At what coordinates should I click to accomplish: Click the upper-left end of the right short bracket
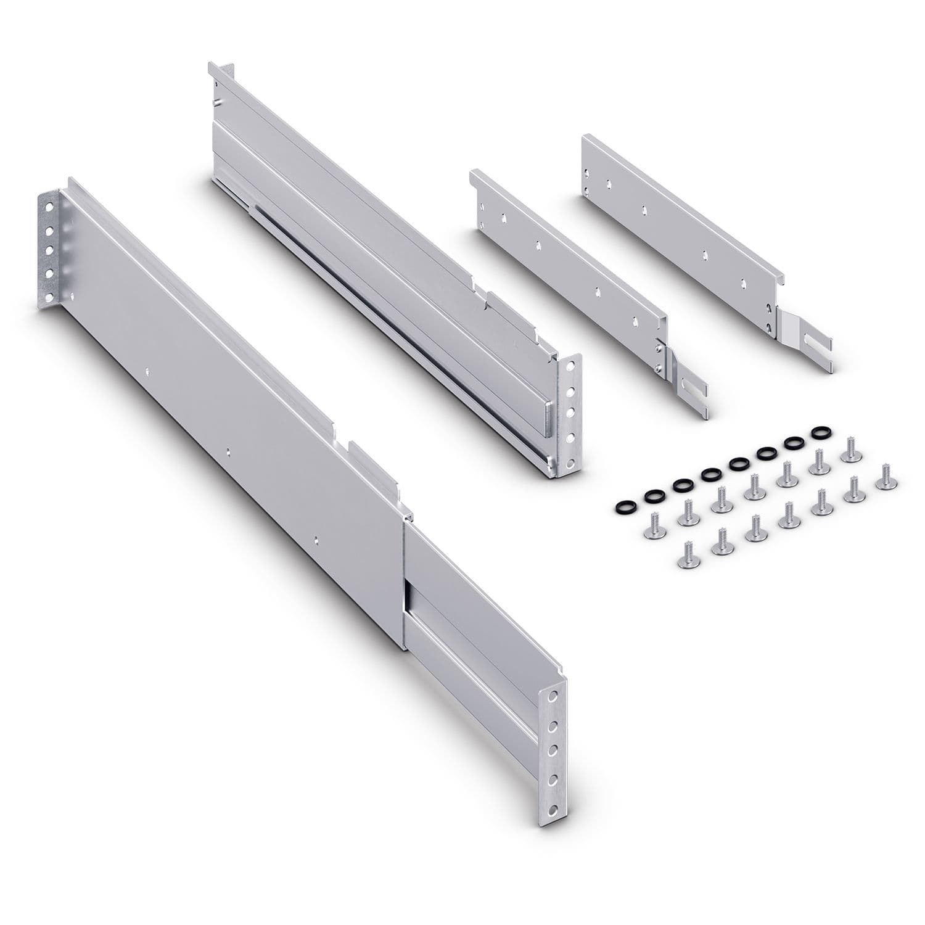[x=589, y=143]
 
